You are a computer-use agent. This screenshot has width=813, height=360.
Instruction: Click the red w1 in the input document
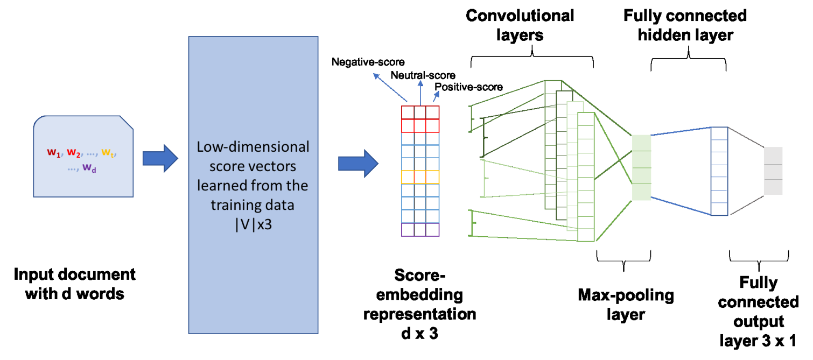pos(54,153)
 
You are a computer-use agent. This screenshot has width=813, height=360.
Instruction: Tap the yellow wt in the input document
pos(108,153)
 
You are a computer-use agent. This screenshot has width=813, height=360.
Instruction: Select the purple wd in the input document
pos(89,168)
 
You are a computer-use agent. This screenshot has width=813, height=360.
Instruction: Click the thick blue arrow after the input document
pos(160,158)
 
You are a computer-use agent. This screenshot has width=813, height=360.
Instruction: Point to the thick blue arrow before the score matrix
pos(358,163)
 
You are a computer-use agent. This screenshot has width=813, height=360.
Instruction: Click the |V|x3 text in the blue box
pos(254,224)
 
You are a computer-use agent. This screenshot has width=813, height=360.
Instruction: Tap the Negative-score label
pos(368,62)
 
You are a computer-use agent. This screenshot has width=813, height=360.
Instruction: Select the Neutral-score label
pos(423,75)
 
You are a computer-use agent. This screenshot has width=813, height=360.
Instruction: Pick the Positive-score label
pos(468,87)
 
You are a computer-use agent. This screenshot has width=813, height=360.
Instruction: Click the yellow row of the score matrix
pos(420,177)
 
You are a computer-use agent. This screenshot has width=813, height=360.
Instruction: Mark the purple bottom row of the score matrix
pos(420,230)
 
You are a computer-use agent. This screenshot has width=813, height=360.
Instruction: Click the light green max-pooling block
pos(641,167)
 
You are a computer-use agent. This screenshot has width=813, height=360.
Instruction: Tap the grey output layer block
pos(773,171)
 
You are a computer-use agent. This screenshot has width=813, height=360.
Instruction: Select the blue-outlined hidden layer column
pos(719,171)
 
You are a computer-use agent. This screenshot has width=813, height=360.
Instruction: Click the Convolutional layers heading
pos(520,25)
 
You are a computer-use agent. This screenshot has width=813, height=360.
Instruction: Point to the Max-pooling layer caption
pos(626,305)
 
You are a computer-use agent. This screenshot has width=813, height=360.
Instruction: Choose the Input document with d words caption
pos(75,284)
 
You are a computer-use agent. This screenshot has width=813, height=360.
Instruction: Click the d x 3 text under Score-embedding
pos(419,334)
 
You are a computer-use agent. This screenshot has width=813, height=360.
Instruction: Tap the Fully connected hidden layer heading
pos(685,25)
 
